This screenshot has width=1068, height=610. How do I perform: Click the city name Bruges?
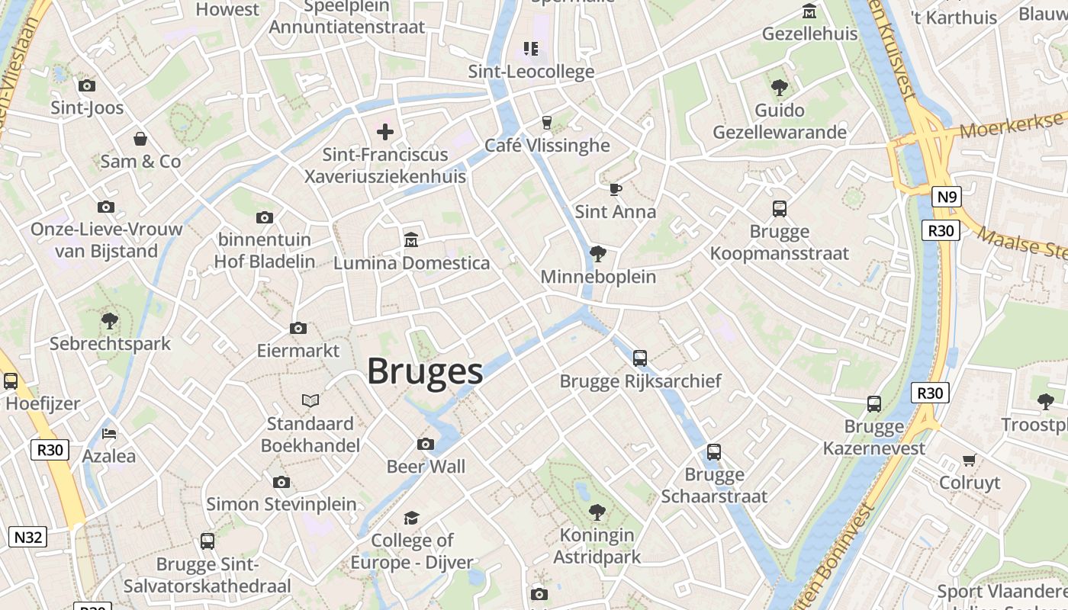[425, 371]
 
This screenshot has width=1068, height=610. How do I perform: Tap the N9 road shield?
[946, 197]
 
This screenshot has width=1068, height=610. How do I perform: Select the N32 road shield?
[28, 537]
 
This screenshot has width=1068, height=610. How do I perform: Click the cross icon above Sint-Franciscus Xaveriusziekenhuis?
[385, 132]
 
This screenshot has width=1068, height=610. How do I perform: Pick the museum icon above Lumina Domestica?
[411, 240]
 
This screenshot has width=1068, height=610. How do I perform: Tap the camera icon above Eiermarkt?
[298, 329]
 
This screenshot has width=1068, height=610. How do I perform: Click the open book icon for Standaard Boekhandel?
[310, 400]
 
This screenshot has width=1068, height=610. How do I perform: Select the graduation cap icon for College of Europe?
[411, 518]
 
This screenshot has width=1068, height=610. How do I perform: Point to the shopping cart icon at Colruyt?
[969, 460]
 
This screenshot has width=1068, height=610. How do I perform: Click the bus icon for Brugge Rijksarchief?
[640, 358]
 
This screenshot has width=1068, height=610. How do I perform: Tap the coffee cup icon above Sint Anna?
[616, 189]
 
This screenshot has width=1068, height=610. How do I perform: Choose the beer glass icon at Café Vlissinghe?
[546, 122]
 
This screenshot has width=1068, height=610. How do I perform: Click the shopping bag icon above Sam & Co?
[140, 139]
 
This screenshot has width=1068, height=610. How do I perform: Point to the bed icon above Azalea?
[109, 434]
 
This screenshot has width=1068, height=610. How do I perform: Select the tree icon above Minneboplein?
[598, 253]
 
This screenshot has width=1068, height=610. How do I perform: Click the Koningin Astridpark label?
[597, 546]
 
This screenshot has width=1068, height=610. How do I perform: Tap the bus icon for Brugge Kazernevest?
[874, 403]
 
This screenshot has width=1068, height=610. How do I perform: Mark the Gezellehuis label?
[809, 34]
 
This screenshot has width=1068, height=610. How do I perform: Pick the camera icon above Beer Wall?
[426, 444]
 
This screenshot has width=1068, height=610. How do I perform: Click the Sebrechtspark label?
[111, 343]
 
